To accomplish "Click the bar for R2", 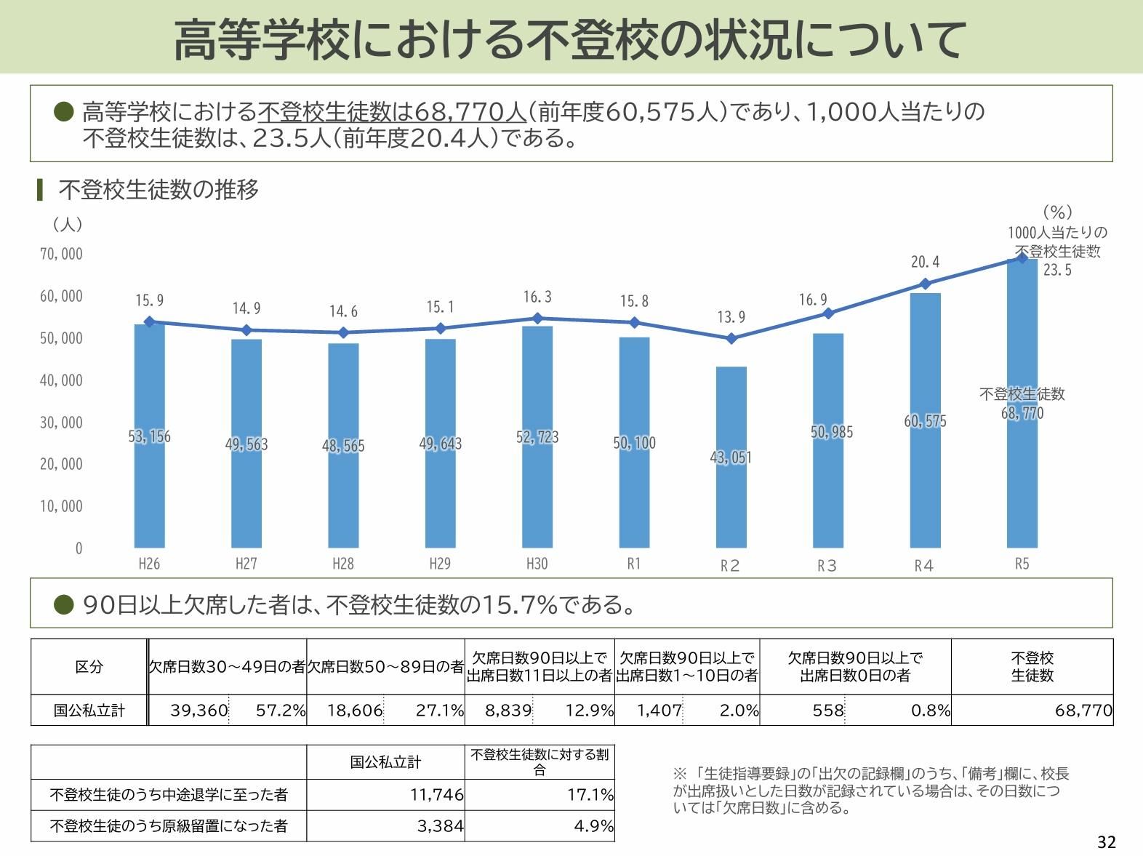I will coord(731,495).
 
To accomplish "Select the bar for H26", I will coord(149,495).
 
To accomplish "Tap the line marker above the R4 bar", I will coord(925,284).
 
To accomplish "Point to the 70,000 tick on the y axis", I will coord(61,254).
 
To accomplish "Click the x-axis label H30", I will coord(537,564).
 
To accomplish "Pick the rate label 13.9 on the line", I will coord(731,317).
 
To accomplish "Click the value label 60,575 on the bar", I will coord(925,421).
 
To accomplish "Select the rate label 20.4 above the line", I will coord(925,262).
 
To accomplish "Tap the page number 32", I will coord(1106,842).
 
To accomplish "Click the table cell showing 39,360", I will coord(199,711).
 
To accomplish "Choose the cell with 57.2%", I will coord(280,711).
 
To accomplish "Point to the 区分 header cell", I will coord(89,667).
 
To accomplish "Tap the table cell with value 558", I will coord(828,711).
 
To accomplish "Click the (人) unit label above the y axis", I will coord(67,225).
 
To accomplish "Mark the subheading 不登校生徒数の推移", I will coord(158,190).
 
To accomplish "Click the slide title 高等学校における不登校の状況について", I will coord(570,39).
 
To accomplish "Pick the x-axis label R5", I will coord(1022,564).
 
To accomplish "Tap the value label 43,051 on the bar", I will coord(731,457).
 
